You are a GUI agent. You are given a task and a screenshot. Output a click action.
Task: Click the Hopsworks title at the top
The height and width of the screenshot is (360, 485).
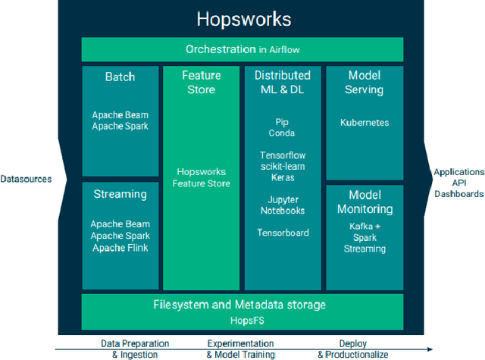point(243,19)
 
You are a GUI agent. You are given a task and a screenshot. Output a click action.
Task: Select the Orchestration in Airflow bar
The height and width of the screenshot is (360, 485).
point(243,49)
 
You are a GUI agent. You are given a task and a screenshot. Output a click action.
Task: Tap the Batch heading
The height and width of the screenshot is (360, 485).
point(120,77)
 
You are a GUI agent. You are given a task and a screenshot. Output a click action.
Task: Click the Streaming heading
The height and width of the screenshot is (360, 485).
point(120,194)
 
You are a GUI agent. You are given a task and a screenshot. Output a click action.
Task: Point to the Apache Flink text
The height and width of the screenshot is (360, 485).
point(120,248)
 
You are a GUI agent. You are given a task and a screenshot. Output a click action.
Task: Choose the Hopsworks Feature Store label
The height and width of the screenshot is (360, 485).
point(202,177)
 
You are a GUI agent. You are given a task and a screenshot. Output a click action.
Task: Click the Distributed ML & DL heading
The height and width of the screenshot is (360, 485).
point(283,83)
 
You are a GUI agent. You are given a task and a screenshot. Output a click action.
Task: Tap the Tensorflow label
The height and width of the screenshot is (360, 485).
point(283,155)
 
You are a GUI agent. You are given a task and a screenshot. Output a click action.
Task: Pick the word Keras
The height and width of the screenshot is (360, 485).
point(283,177)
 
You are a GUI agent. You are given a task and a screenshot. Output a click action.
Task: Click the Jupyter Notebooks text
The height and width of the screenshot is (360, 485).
point(283,205)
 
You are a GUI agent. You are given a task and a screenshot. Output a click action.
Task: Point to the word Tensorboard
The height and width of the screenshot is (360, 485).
point(283,233)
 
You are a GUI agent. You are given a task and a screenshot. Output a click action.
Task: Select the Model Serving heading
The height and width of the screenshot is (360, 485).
point(365,83)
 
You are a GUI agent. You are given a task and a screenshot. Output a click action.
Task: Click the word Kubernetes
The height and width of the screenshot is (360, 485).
point(365,121)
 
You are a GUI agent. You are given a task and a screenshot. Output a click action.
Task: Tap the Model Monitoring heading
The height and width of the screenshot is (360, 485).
point(365,202)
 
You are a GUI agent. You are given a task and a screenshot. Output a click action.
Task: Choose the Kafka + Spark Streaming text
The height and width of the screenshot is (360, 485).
point(365,237)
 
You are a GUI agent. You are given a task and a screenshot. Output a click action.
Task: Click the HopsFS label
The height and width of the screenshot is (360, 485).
point(243,320)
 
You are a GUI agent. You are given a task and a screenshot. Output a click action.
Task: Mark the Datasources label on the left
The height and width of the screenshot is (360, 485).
point(27,180)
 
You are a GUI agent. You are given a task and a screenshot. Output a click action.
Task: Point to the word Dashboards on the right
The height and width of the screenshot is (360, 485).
point(458,194)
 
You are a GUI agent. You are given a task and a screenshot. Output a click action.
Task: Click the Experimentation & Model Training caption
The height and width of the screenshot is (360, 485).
point(240,349)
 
